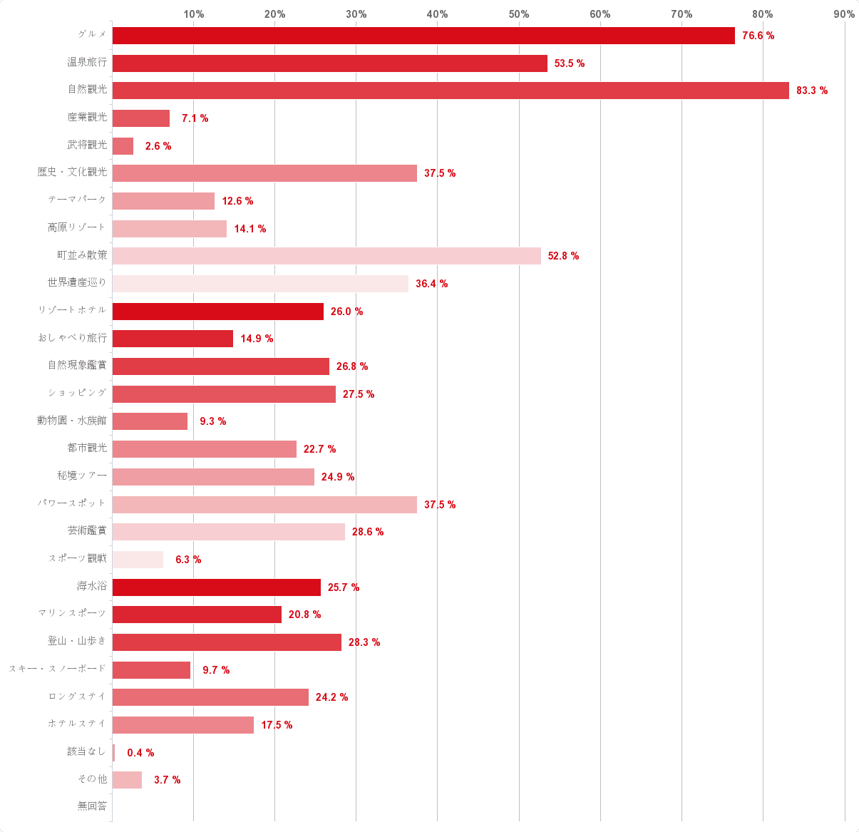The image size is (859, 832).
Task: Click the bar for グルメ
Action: [x=423, y=36]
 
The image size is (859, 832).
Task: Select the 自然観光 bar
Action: [x=451, y=91]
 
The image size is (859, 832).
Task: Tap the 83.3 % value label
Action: [x=812, y=91]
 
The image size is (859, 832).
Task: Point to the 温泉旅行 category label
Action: [x=87, y=63]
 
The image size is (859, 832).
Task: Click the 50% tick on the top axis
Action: [x=519, y=14]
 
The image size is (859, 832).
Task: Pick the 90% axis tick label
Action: [x=844, y=14]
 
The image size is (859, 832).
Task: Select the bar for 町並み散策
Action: [x=326, y=256]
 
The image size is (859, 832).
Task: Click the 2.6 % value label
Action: [x=158, y=146]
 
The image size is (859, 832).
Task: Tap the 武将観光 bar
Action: [x=123, y=146]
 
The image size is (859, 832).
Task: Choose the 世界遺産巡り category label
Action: [x=77, y=283]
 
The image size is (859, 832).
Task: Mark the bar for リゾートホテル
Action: [x=218, y=312]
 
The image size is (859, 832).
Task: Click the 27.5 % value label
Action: [x=359, y=394]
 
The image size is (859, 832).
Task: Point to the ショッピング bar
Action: [x=224, y=394]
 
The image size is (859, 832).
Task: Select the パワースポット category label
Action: [x=72, y=504]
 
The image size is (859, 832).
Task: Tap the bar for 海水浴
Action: [x=217, y=587]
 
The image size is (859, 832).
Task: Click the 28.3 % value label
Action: [x=364, y=642]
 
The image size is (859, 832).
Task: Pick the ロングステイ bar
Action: [x=210, y=697]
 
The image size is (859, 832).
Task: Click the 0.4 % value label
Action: [x=140, y=753]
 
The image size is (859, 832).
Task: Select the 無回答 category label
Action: [x=92, y=806]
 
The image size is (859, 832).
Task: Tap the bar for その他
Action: [x=127, y=780]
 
